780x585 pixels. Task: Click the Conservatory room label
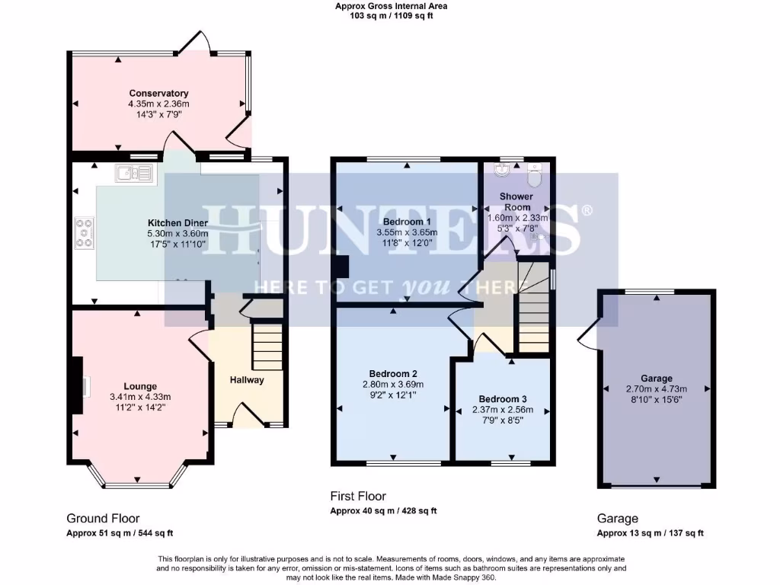click(x=158, y=94)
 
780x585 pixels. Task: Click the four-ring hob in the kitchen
click(x=84, y=232)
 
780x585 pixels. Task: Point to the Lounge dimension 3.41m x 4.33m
click(x=140, y=397)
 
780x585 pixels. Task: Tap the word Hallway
click(x=247, y=379)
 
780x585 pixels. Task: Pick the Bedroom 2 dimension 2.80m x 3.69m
click(x=393, y=385)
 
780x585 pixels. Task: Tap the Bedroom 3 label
click(x=502, y=399)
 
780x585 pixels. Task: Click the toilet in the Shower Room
click(x=534, y=176)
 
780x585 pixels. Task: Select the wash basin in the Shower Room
click(x=502, y=168)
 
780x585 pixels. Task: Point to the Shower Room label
click(x=516, y=202)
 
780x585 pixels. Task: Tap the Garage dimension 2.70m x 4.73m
click(x=656, y=388)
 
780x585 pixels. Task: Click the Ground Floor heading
click(x=103, y=518)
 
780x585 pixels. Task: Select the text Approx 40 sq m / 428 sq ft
click(x=383, y=511)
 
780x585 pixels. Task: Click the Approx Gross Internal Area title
click(x=392, y=6)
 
